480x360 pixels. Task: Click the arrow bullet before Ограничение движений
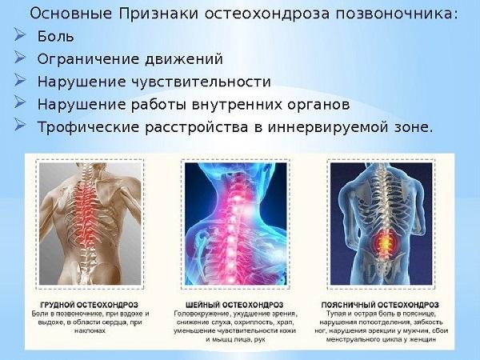tap(22, 59)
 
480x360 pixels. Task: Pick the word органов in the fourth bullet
tap(317, 104)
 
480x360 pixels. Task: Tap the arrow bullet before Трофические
tap(22, 126)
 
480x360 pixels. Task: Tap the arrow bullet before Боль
tap(22, 37)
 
